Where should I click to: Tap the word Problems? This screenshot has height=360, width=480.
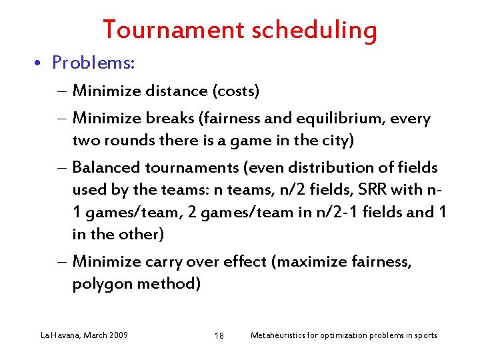(x=94, y=63)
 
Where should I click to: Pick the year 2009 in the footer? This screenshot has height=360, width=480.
(x=117, y=335)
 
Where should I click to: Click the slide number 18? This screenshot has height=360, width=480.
(x=219, y=335)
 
